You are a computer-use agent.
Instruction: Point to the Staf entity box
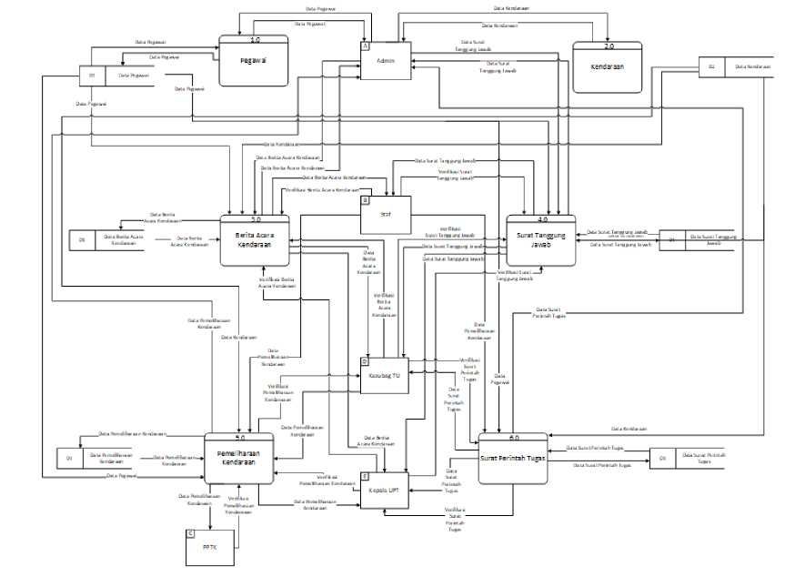[387, 215]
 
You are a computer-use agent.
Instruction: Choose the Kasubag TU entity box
[385, 376]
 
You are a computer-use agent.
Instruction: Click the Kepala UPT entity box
[385, 491]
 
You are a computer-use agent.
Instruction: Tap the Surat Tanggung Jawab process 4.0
[540, 240]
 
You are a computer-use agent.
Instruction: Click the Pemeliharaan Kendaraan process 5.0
[239, 458]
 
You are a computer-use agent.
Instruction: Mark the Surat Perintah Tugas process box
[511, 459]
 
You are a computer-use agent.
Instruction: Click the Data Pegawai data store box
[125, 76]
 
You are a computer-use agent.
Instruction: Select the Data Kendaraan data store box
[737, 67]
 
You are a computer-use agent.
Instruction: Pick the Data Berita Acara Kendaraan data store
[111, 240]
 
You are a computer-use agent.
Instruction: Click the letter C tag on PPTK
[189, 531]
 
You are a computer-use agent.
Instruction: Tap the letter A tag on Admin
[365, 46]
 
